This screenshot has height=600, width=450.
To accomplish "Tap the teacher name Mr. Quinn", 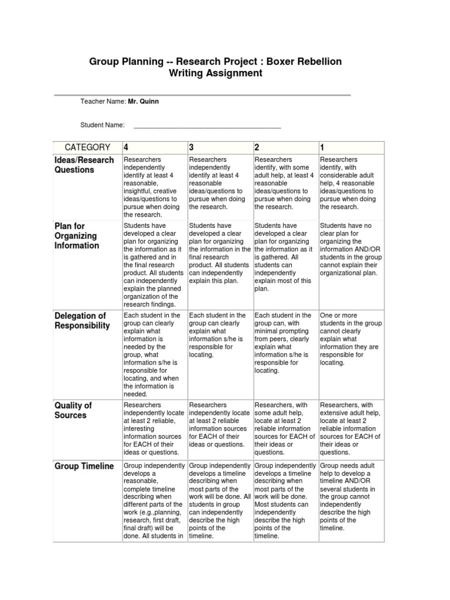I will point(144,101).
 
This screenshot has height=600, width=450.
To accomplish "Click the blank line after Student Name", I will point(207,125).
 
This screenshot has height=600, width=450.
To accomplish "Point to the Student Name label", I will point(103,125).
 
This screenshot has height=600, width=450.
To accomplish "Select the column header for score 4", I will point(126,147).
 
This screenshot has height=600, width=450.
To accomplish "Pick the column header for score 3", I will point(191,147).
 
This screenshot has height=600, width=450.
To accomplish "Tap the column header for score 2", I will point(257,147).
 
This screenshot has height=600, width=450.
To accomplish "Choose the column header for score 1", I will point(322,147).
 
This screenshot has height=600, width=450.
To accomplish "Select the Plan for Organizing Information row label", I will point(77,236).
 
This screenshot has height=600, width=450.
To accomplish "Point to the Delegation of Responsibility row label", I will point(82,321).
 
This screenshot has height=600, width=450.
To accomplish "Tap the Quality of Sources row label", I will point(73,410).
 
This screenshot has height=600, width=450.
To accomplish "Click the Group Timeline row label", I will point(84,466).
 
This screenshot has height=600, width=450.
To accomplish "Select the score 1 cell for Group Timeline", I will point(350,496).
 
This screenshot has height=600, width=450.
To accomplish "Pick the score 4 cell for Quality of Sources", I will point(154,428).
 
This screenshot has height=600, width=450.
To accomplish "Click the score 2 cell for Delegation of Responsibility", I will point(285,343).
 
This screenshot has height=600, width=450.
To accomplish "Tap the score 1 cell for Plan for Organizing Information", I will point(350,249).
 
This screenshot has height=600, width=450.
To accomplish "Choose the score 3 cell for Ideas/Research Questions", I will point(219,183).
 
